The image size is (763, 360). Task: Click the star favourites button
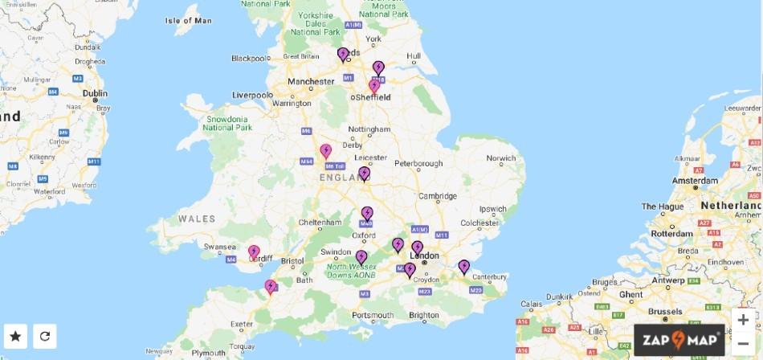pos(15,336)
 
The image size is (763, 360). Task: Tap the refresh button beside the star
pos(45,336)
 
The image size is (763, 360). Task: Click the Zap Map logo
pos(679,340)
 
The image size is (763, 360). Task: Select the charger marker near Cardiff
pos(254,252)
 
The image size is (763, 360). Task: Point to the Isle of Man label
pos(188,20)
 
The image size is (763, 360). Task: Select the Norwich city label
pos(501,157)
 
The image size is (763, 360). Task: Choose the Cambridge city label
pos(437,195)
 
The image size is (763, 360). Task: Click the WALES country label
pos(198,219)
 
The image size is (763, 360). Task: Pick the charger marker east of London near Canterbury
pos(463,266)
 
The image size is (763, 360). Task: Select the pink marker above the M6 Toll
pos(326,150)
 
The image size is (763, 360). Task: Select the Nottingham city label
pos(369,129)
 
